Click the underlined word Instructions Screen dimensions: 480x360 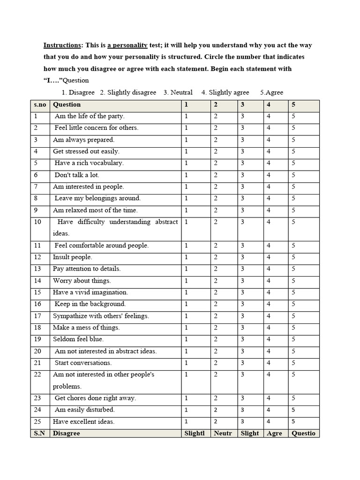(x=62, y=45)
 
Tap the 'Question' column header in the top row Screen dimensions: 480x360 (x=67, y=105)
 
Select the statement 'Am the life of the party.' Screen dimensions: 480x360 (x=90, y=116)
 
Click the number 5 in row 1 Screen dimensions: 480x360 (x=293, y=116)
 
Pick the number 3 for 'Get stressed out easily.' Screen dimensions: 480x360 (x=242, y=151)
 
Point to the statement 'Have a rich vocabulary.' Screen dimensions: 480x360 (x=89, y=163)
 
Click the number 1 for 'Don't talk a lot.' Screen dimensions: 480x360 (x=186, y=175)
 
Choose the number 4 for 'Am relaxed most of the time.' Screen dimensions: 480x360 (x=269, y=210)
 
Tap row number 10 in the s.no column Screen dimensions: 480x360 (x=38, y=222)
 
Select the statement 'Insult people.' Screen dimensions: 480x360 (x=73, y=257)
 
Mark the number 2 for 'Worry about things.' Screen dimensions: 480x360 (x=216, y=281)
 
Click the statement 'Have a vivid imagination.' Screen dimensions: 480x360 (x=90, y=292)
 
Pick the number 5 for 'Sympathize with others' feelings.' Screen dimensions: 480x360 (x=293, y=316)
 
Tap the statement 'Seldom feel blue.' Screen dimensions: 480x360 (x=78, y=339)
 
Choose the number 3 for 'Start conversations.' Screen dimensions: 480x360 (x=242, y=363)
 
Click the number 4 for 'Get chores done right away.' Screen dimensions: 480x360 (x=269, y=398)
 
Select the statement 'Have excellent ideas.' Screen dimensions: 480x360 (x=84, y=421)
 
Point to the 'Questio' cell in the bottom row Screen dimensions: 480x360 (x=303, y=433)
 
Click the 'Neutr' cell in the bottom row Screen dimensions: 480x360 (x=223, y=433)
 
